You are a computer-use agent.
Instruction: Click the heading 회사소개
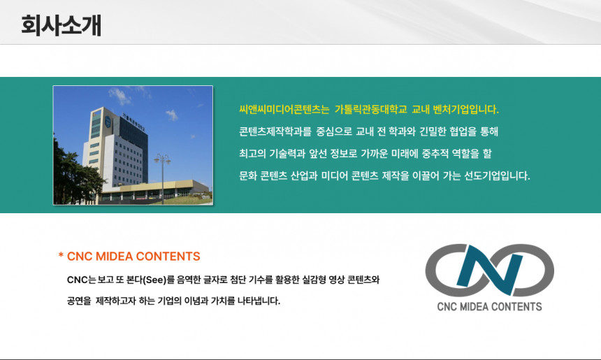[61, 25]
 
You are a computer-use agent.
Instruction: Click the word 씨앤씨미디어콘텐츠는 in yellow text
[284, 110]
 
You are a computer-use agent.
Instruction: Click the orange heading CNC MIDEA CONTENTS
[133, 257]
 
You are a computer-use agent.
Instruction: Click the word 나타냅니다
[259, 301]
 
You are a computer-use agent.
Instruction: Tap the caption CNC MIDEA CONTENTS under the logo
[489, 306]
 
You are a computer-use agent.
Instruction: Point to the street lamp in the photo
[162, 175]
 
